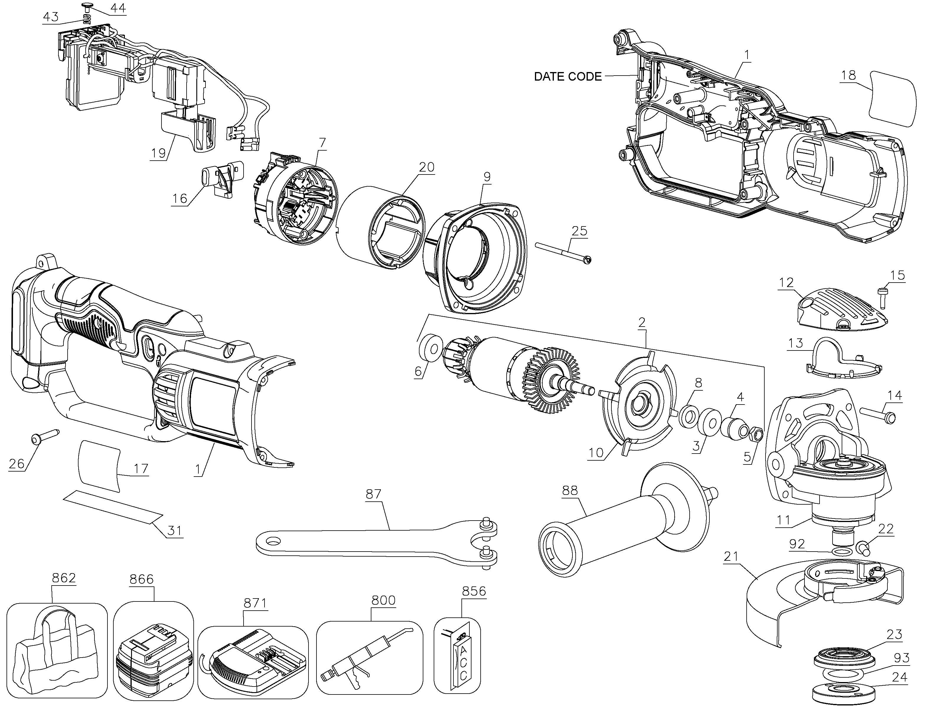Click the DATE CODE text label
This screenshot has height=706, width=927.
pos(568,76)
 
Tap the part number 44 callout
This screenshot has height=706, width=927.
pos(118,8)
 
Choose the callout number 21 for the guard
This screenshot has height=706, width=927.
pos(732,557)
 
